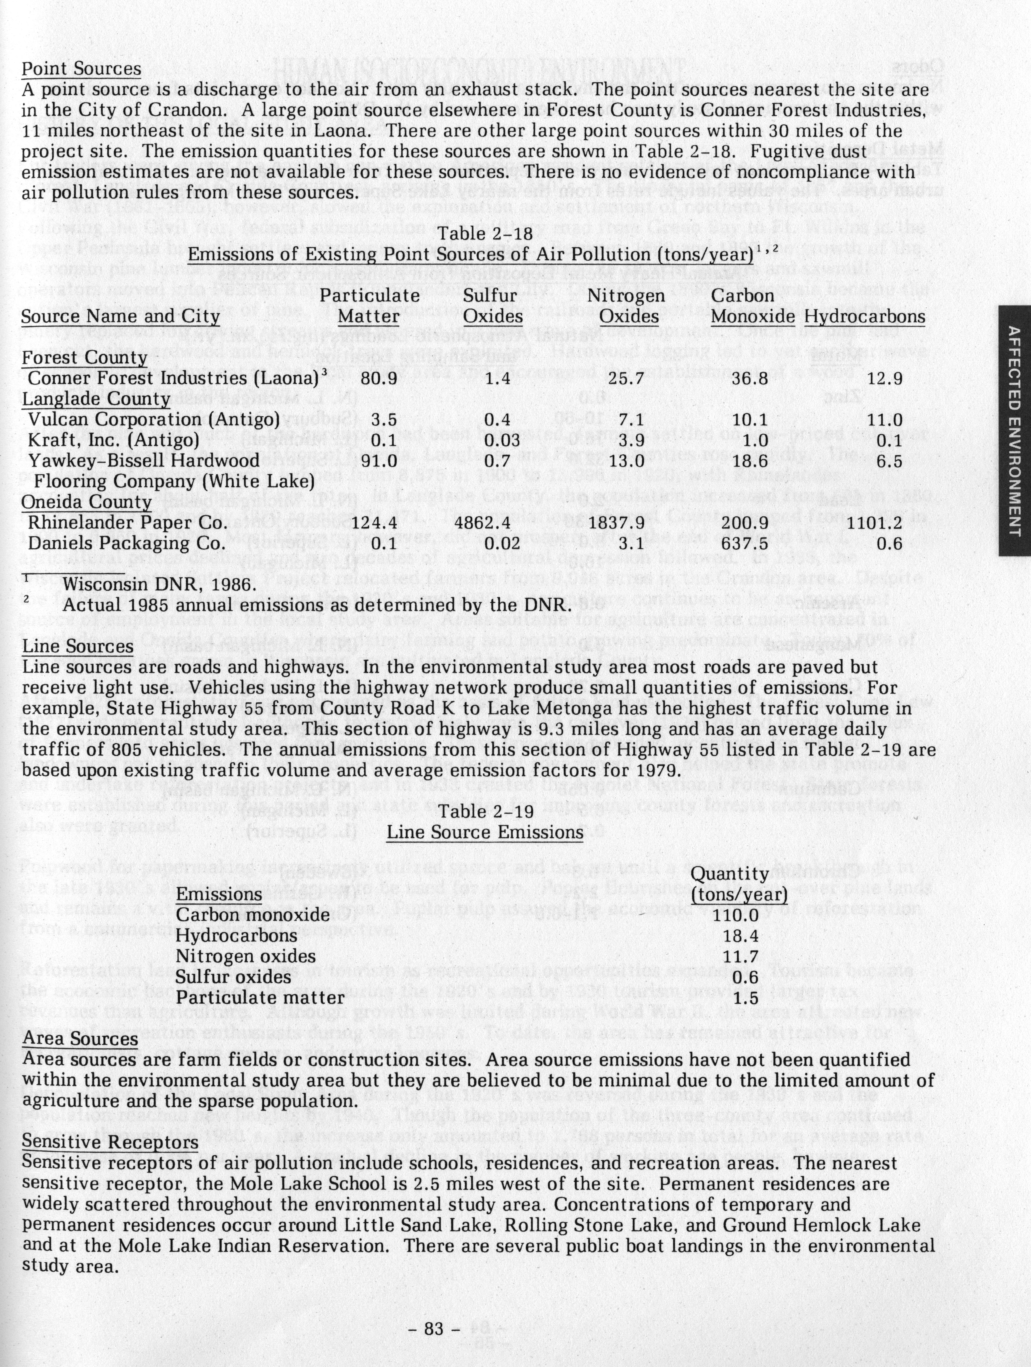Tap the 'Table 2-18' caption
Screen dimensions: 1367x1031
click(485, 234)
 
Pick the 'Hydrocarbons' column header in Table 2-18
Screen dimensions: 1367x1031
click(865, 317)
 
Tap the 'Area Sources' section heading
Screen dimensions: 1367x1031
click(80, 1038)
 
